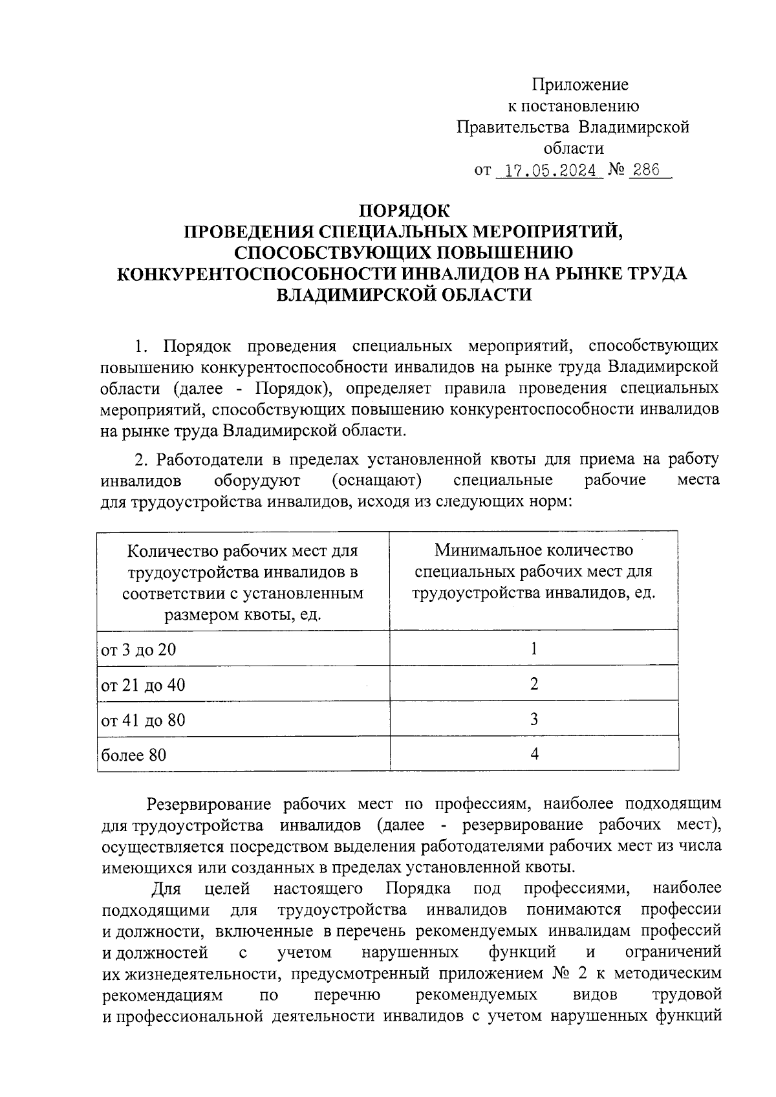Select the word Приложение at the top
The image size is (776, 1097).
580,85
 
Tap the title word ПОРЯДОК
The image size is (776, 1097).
404,210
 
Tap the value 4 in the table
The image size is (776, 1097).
534,754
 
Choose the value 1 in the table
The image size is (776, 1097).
534,648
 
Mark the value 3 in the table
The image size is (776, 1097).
534,719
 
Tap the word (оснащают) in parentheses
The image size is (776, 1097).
376,481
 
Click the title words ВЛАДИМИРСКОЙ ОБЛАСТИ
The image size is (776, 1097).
404,294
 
